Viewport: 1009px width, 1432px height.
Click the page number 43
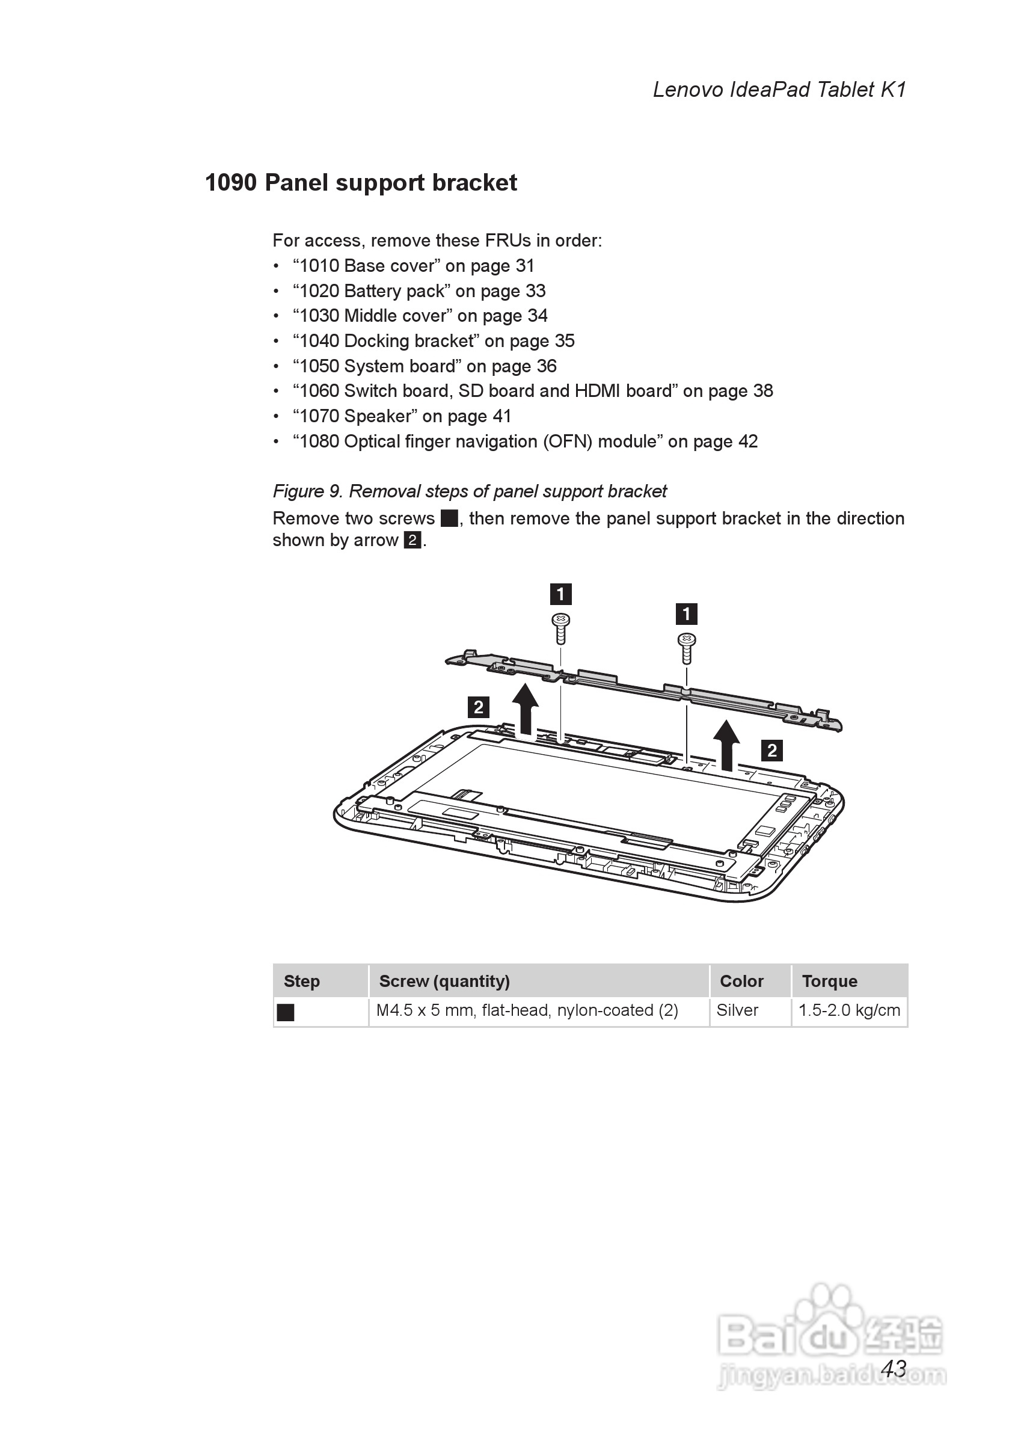pos(894,1368)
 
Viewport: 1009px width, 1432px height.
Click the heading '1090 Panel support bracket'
pos(360,183)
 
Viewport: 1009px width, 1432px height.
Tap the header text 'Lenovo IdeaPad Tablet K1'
pos(779,90)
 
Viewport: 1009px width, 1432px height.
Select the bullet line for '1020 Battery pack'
pos(419,291)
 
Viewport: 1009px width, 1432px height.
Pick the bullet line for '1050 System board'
pos(425,366)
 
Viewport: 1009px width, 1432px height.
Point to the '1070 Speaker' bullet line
pos(402,416)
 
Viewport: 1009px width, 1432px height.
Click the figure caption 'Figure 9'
pos(470,491)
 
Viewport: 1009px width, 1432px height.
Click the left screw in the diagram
pos(560,627)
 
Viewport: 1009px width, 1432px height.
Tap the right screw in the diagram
pos(687,647)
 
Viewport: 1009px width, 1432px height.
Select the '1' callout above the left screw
pos(560,594)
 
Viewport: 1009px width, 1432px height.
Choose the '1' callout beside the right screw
pos(687,614)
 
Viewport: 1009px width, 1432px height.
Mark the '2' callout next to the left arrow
pos(478,707)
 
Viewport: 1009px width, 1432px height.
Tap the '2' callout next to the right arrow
pos(772,751)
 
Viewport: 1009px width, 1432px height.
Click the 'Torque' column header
pos(829,981)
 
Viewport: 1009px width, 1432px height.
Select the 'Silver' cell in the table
pos(737,1010)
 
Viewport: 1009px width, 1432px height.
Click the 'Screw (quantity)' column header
pos(444,981)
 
